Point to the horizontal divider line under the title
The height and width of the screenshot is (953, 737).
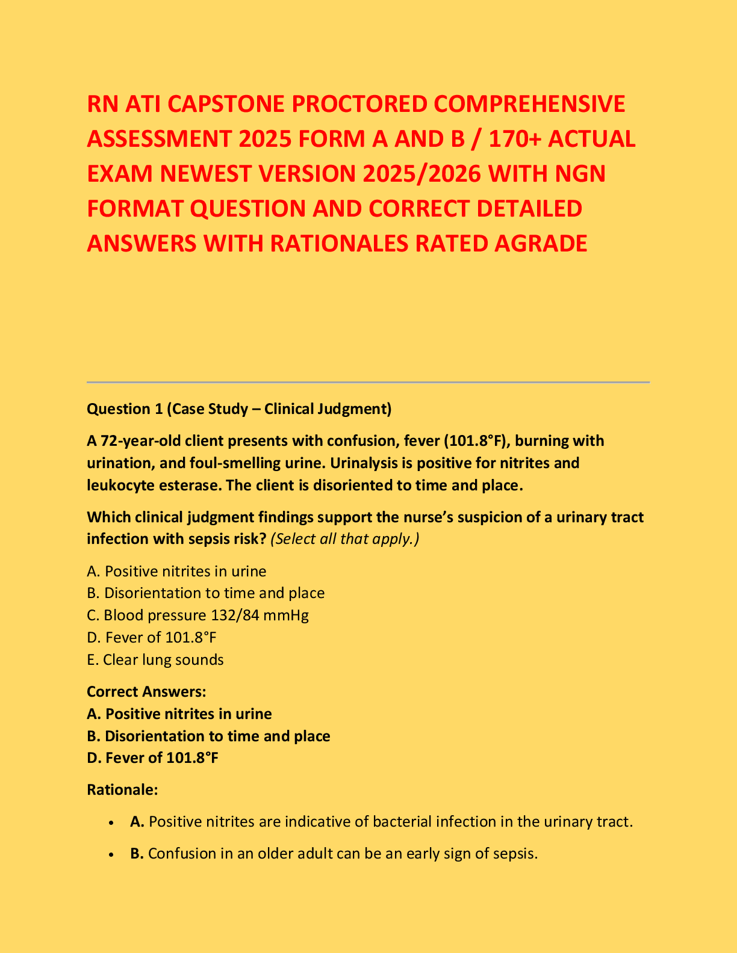pos(368,382)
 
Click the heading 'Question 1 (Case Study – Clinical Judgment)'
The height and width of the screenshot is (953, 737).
pos(239,409)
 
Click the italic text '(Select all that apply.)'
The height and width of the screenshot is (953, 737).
pos(345,538)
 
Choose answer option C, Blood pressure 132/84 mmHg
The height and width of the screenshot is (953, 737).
pos(197,615)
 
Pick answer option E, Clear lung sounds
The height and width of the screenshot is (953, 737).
pos(155,659)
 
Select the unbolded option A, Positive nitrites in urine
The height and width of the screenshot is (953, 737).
pos(176,571)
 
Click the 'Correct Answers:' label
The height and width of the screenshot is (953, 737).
pos(146,692)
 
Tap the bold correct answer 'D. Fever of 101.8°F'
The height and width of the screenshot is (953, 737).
pos(152,757)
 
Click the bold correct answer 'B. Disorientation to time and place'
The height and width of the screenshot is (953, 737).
pos(208,736)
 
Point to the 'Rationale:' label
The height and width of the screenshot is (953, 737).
pos(122,789)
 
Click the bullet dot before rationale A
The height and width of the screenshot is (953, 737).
pos(110,822)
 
